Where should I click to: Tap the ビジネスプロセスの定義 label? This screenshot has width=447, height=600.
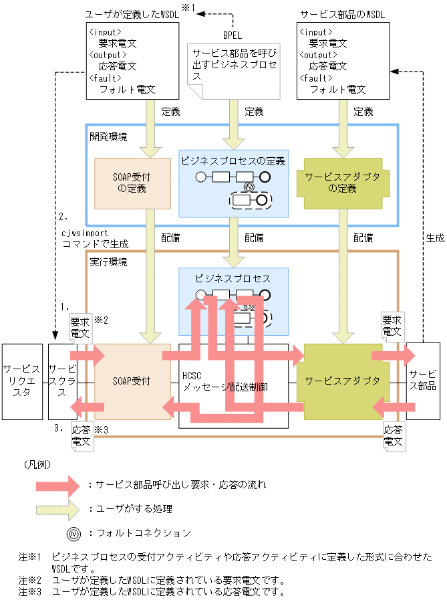click(233, 161)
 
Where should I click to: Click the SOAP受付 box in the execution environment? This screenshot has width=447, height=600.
click(132, 381)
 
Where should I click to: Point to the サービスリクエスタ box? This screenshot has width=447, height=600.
click(22, 381)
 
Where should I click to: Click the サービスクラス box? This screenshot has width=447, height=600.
click(62, 381)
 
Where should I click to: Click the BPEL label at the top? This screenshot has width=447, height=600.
click(234, 34)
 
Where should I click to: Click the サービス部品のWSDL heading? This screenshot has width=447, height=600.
click(343, 13)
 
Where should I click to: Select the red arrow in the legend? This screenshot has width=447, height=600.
click(61, 484)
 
